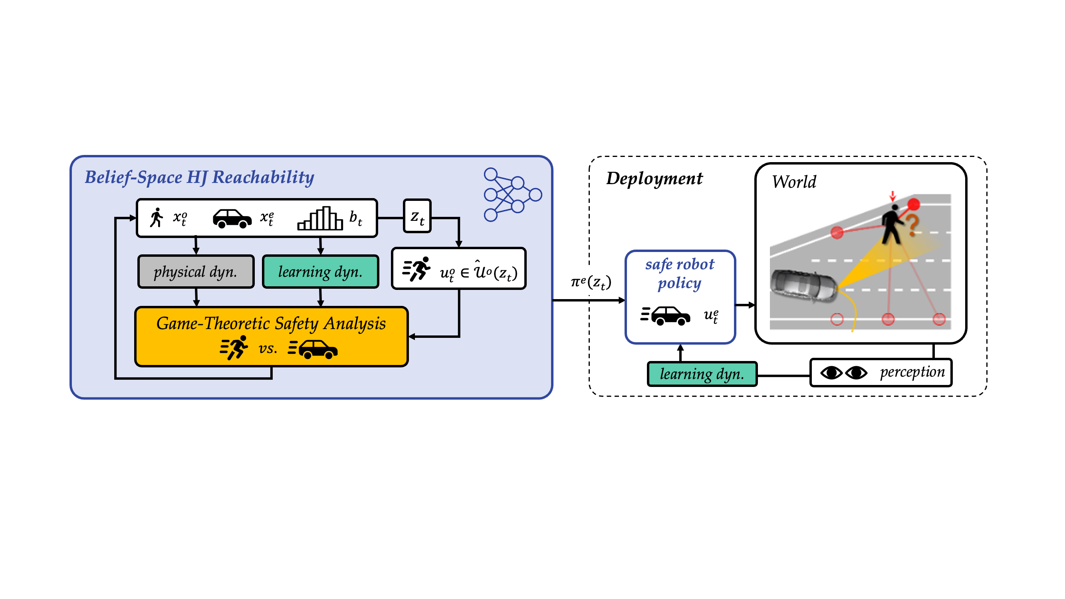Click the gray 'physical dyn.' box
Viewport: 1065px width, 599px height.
[x=196, y=272]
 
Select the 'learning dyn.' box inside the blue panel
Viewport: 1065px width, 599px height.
[x=320, y=272]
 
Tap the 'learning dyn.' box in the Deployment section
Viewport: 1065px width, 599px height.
[x=702, y=374]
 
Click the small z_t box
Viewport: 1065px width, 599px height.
[x=417, y=216]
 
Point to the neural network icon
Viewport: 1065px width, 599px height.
[x=512, y=194]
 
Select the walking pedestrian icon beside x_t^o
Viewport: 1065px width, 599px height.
[x=156, y=218]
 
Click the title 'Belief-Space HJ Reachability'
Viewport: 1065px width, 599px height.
[x=199, y=177]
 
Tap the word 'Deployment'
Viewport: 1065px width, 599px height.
[x=654, y=179]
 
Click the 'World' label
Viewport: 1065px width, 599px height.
[x=794, y=182]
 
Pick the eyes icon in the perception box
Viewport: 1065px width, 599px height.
[x=843, y=373]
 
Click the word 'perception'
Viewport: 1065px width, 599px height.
[x=912, y=372]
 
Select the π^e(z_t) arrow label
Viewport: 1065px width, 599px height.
[x=591, y=282]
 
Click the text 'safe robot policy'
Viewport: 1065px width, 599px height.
[x=679, y=273]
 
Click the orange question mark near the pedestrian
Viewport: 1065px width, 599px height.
[x=913, y=225]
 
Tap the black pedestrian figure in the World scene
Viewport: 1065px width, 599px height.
[x=892, y=225]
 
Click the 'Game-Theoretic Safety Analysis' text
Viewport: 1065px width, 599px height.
[x=271, y=323]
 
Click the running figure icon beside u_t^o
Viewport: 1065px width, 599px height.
[x=417, y=269]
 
